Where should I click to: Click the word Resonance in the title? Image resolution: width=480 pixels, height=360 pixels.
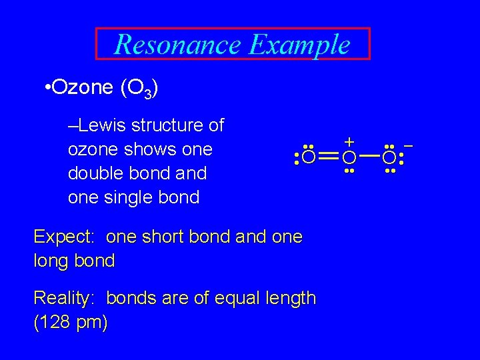[x=177, y=45]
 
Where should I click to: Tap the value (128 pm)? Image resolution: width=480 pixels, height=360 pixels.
[x=70, y=322]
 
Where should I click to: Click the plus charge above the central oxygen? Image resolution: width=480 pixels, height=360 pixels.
[x=349, y=141]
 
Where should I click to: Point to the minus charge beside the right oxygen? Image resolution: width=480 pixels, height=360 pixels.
[x=409, y=144]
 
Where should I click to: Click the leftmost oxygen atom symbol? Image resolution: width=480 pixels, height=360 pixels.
[x=308, y=158]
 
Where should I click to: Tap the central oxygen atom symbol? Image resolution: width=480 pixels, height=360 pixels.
[x=349, y=158]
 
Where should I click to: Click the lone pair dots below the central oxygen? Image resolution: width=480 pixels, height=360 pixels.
[x=349, y=171]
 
